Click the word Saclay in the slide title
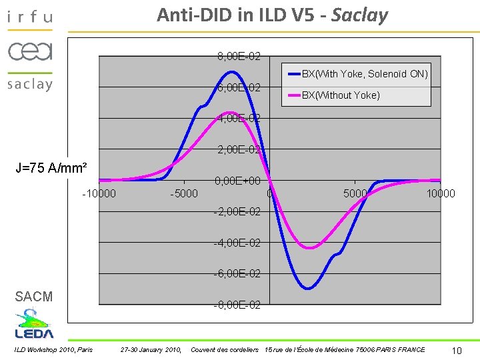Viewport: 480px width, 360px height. pyautogui.click(x=359, y=15)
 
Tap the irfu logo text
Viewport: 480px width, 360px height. pyautogui.click(x=30, y=16)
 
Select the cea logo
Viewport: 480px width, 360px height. pyautogui.click(x=30, y=51)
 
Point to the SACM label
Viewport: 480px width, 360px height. pyautogui.click(x=33, y=297)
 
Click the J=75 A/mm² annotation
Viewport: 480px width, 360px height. pyautogui.click(x=52, y=167)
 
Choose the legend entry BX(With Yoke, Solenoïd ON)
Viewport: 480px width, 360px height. pyautogui.click(x=365, y=74)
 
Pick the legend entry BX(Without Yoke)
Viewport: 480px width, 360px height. pyautogui.click(x=341, y=95)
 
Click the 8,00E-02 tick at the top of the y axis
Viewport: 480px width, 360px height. pyautogui.click(x=239, y=57)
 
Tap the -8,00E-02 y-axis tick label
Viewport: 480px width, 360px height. pyautogui.click(x=237, y=305)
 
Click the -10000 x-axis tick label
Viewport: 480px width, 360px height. pyautogui.click(x=99, y=194)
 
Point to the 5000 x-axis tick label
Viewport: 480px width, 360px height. pyautogui.click(x=355, y=194)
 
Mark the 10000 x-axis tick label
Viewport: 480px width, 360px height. pyautogui.click(x=441, y=194)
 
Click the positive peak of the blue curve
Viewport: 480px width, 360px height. pyautogui.click(x=231, y=71)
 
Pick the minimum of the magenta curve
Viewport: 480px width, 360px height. pyautogui.click(x=309, y=248)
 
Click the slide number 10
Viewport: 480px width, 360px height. pyautogui.click(x=457, y=351)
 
